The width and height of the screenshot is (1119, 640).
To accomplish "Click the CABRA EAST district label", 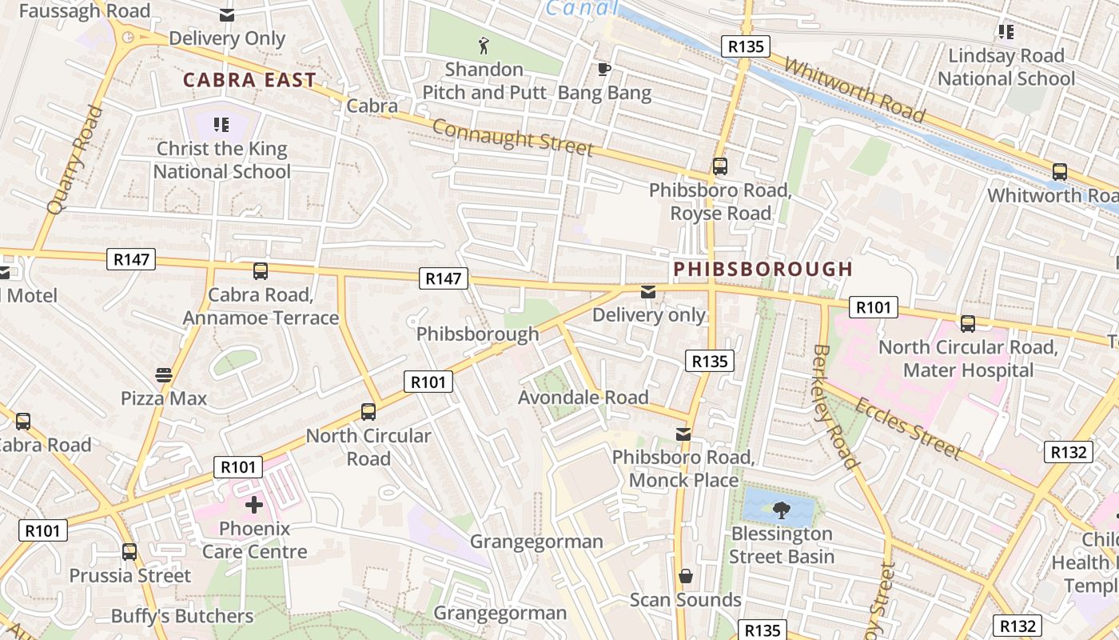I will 249,80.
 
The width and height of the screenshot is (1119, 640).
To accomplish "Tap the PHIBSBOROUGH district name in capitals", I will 763,269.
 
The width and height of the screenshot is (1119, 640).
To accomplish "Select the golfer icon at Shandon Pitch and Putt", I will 484,45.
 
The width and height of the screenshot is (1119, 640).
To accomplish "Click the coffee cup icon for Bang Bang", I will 604,69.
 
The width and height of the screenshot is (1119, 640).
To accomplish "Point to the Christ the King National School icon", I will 221,124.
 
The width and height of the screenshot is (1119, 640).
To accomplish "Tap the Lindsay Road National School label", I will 1006,67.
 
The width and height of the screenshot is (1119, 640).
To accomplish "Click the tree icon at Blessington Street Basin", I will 781,509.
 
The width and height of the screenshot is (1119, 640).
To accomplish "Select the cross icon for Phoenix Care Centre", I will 254,505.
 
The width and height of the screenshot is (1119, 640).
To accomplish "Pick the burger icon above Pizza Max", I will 164,374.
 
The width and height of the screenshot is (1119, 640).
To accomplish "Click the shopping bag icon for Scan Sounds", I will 685,576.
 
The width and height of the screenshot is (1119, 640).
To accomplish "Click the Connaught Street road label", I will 513,137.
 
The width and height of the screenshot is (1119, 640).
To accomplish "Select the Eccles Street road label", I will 907,428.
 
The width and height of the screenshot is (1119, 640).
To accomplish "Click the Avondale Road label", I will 583,398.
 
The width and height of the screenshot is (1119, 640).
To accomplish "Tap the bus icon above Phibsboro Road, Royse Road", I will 720,166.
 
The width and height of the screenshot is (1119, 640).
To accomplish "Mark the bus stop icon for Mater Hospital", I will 968,323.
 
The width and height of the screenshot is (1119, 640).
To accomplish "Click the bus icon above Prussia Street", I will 129,552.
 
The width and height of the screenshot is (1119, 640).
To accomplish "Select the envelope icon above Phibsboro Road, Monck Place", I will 683,434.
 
